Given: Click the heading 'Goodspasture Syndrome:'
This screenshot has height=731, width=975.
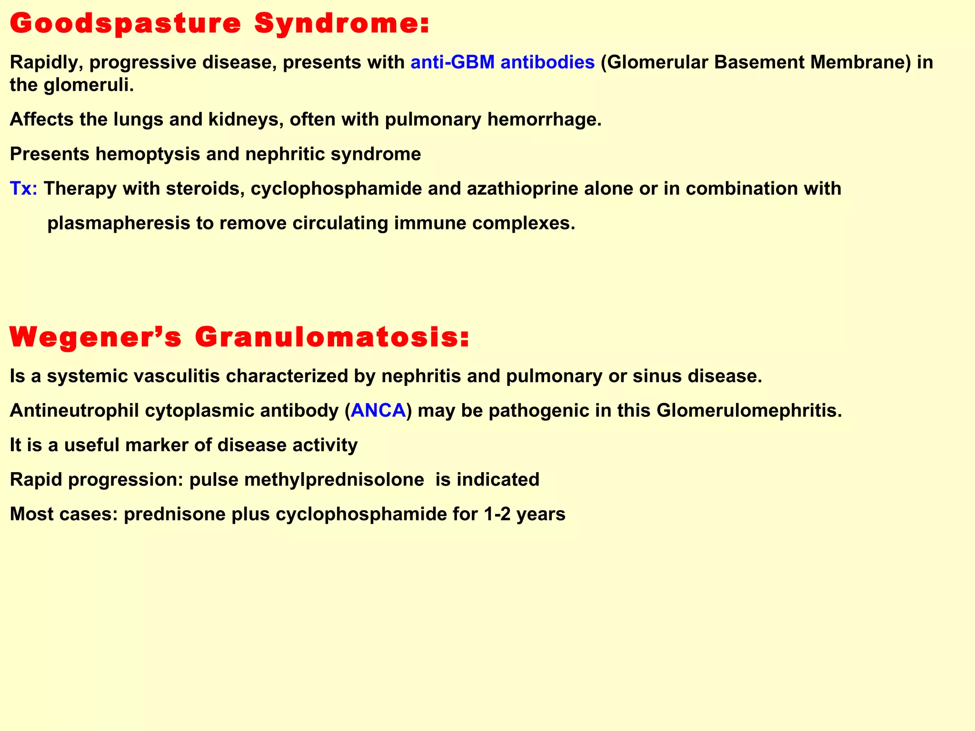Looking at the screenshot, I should pyautogui.click(x=219, y=24).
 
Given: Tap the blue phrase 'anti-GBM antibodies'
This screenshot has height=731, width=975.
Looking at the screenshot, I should pyautogui.click(x=502, y=62).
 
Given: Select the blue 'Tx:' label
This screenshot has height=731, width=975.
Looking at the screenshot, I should pyautogui.click(x=23, y=189).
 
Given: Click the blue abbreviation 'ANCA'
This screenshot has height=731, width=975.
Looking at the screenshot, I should pyautogui.click(x=378, y=410).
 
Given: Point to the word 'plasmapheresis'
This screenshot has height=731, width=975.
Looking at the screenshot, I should pyautogui.click(x=119, y=223).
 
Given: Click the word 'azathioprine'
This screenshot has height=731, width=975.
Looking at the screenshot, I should pyautogui.click(x=523, y=189).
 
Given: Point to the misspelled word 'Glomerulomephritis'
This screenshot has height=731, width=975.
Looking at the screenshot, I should pyautogui.click(x=749, y=410).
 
